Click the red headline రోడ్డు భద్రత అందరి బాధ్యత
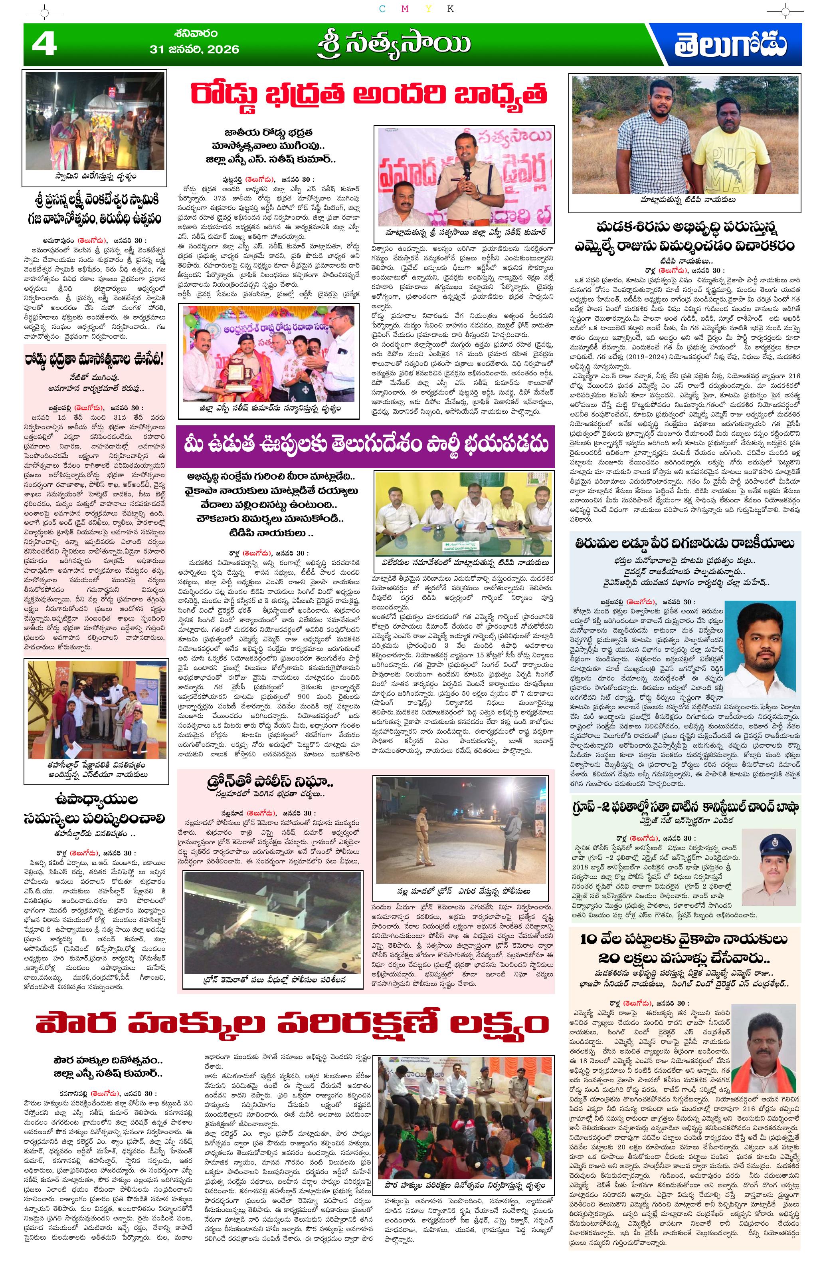369,95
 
